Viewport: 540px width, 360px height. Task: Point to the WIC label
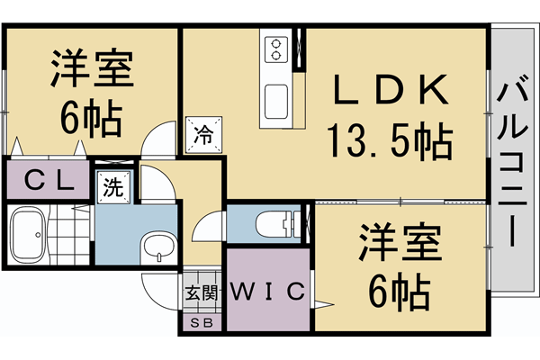pyautogui.click(x=269, y=292)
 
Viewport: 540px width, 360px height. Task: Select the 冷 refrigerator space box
pyautogui.click(x=202, y=135)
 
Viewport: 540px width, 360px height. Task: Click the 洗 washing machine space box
pyautogui.click(x=114, y=189)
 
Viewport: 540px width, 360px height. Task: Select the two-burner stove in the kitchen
pyautogui.click(x=274, y=49)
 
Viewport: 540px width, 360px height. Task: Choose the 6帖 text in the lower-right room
pyautogui.click(x=400, y=290)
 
